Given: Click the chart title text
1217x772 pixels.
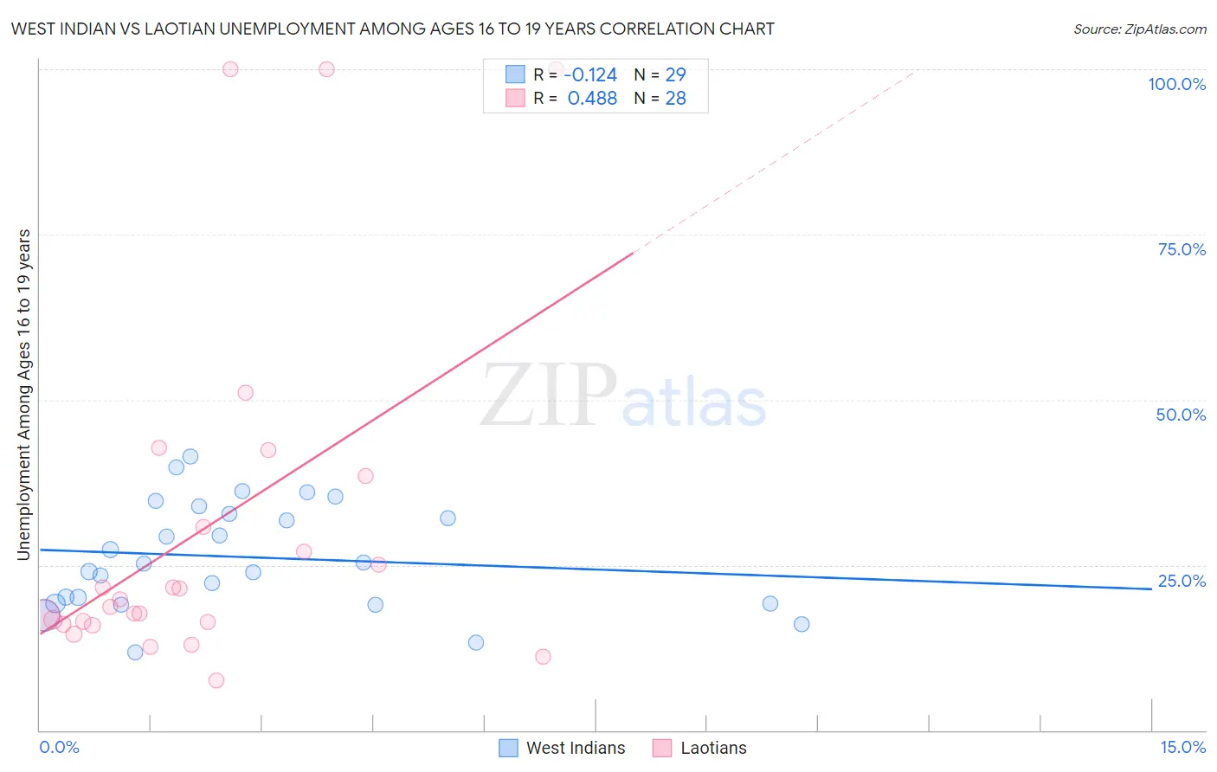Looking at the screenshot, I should pos(392,29).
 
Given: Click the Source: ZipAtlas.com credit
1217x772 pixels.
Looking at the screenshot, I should pos(1139,29).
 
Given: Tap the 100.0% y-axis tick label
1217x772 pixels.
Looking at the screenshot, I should pos(1176,84).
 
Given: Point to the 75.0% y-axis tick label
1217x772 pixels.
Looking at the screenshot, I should pos(1182,249).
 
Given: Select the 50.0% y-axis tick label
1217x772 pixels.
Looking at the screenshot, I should pos(1181,415).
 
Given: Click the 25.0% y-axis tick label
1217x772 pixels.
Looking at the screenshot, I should pos(1182,581).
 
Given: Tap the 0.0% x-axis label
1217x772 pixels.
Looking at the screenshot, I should pos(59,747).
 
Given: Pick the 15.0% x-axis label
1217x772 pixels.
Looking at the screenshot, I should pos(1182,747).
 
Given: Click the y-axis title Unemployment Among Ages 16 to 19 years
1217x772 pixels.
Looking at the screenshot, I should pos(23,395).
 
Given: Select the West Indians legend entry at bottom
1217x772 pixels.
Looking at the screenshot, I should pos(563,748).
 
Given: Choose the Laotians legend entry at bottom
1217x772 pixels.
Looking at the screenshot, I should pos(700,748).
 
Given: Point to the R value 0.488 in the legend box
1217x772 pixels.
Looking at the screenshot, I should pos(592,99).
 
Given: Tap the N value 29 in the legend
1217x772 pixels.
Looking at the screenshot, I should pos(675,75).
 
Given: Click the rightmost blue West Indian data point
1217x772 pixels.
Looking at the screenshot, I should pos(802,624).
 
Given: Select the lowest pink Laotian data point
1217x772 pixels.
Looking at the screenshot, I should pos(216,680).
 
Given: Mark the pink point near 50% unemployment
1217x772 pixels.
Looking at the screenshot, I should pos(246,393).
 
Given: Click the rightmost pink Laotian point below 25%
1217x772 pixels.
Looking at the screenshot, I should pos(543,656).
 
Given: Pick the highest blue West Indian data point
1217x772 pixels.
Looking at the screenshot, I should pos(190,456).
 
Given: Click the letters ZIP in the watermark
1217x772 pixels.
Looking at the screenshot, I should pos(549,396).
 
